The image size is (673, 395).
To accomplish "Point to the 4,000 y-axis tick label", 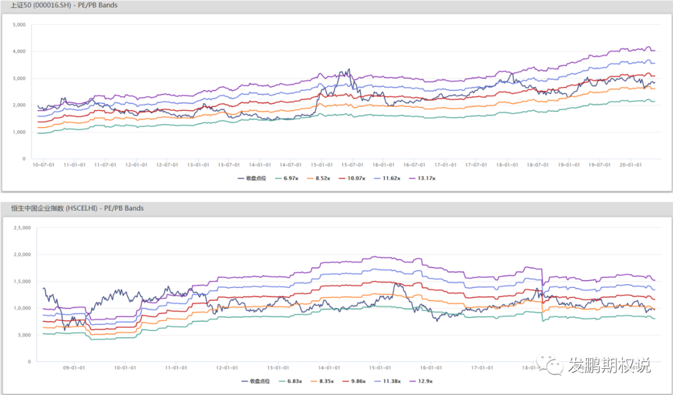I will (19, 52).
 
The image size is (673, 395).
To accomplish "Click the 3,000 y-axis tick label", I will (19, 78).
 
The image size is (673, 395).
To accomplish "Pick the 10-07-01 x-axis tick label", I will (44, 165).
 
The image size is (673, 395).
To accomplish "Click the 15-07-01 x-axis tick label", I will (353, 165).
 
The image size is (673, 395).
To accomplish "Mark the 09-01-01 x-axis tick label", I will (74, 368).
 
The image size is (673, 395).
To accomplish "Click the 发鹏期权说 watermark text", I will (608, 366).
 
